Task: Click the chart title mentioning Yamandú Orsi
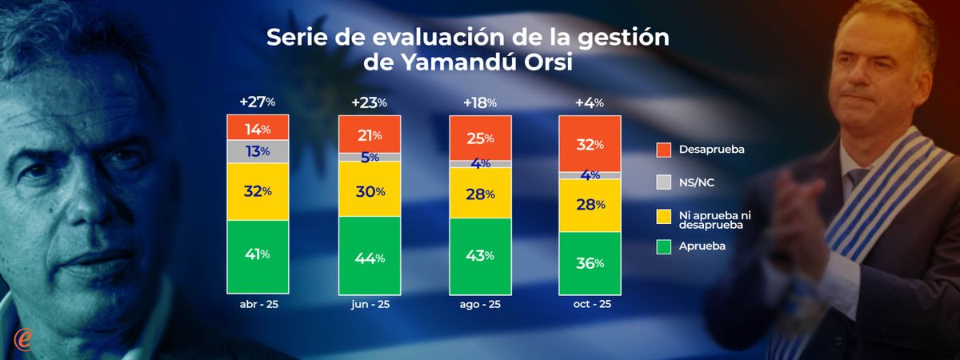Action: pos(467,50)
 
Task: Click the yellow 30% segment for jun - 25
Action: pos(369,190)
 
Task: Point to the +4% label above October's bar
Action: pos(589,102)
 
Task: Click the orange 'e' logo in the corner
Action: pos(24,338)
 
